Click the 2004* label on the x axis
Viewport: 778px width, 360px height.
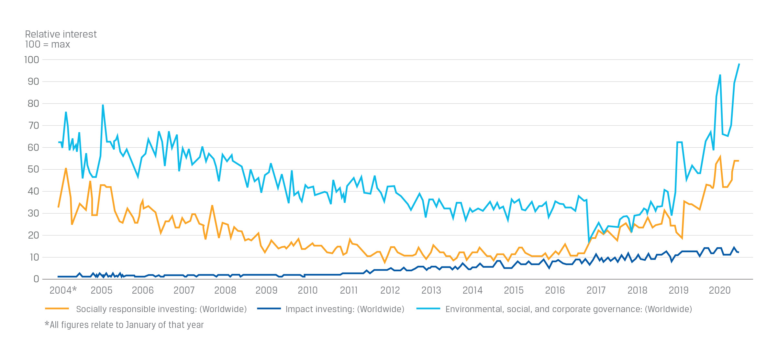[63, 290]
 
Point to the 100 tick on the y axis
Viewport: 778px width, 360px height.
[32, 60]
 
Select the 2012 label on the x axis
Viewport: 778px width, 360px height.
[390, 290]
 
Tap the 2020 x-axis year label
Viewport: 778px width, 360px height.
[719, 290]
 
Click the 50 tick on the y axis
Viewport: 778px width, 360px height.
[33, 169]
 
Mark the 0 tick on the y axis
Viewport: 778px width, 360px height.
[36, 279]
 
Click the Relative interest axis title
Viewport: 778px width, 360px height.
[61, 34]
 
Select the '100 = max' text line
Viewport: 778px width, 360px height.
[48, 44]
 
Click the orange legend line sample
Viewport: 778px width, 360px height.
[57, 309]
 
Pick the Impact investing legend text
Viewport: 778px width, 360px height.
[345, 309]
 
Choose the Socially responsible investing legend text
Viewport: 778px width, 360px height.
[161, 309]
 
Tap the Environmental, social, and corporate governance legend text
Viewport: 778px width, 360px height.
[569, 309]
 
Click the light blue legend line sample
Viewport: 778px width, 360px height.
[428, 309]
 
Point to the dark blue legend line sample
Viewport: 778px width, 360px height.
[269, 309]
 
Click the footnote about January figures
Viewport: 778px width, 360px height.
[124, 325]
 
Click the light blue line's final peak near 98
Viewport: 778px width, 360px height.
[739, 64]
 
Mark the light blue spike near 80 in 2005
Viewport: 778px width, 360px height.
[103, 105]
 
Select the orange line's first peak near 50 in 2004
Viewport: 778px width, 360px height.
[66, 168]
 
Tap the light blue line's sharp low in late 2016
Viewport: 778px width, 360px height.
[589, 241]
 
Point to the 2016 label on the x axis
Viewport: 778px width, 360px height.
[555, 290]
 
